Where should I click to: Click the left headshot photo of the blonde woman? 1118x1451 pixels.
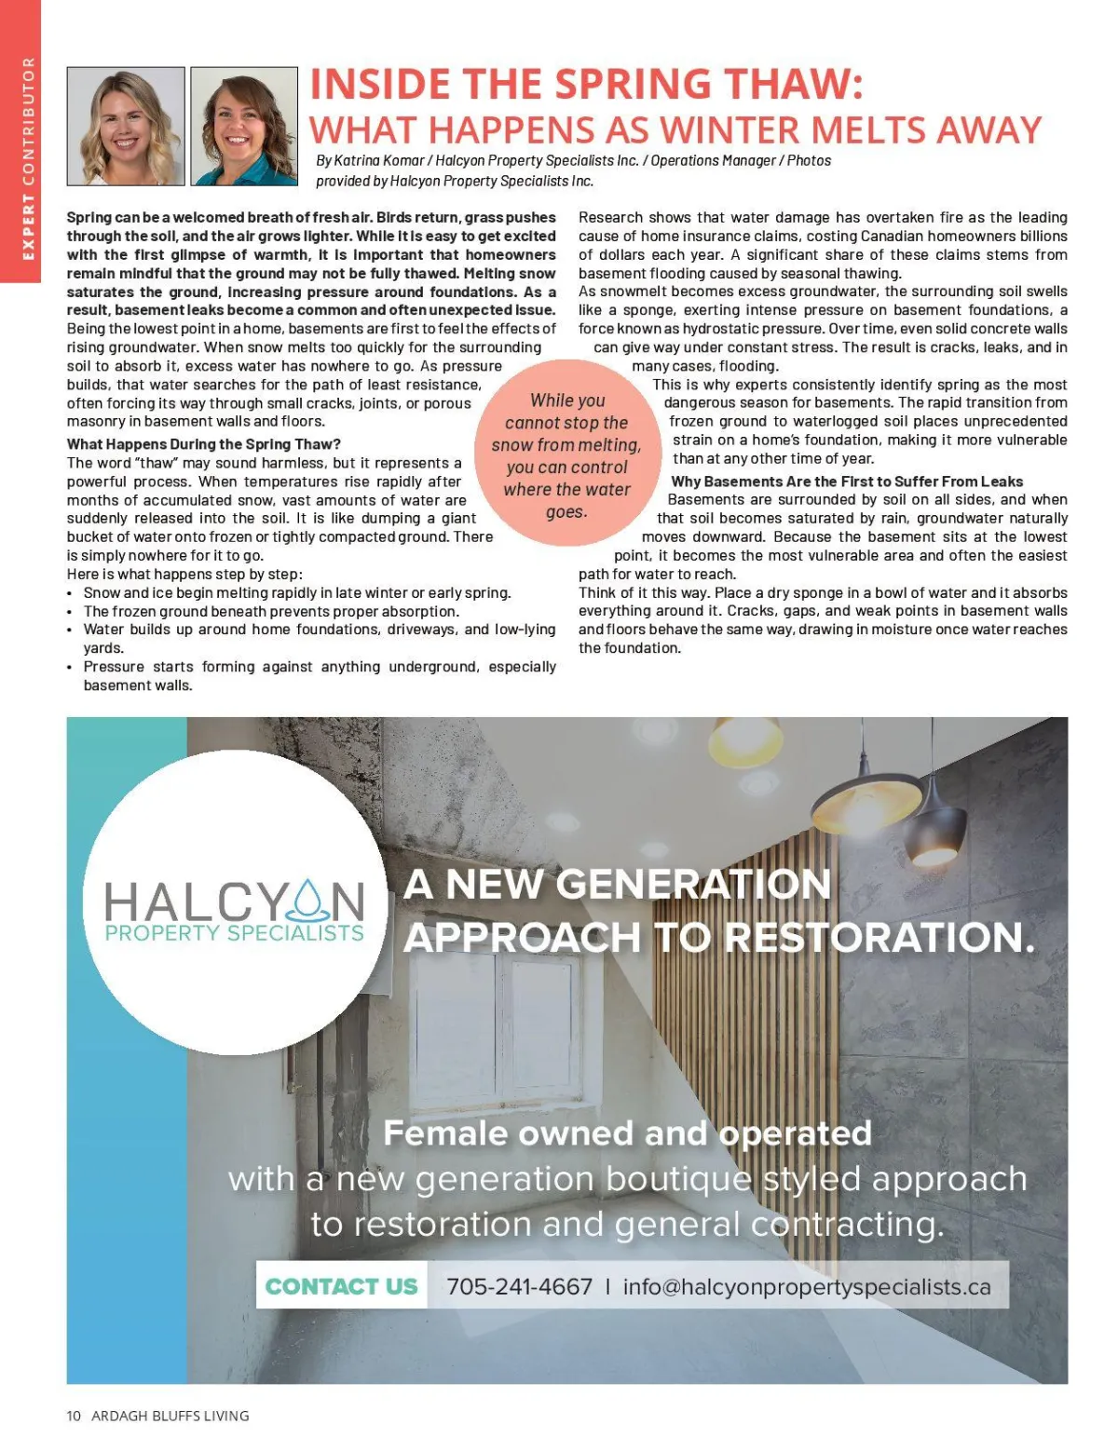[x=126, y=126]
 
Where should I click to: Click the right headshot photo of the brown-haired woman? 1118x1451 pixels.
[x=244, y=126]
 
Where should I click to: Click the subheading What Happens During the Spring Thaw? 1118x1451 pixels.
[x=204, y=444]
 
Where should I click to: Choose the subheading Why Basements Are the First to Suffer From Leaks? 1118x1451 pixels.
[x=847, y=481]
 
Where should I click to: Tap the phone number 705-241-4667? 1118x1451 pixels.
[x=519, y=1286]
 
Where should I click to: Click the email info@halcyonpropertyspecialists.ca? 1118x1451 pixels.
[x=807, y=1286]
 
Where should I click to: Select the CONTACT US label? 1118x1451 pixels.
[x=341, y=1286]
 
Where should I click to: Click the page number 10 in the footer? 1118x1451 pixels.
[x=74, y=1416]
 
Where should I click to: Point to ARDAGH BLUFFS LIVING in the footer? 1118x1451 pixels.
[x=170, y=1416]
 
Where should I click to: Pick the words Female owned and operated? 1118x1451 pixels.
[x=627, y=1133]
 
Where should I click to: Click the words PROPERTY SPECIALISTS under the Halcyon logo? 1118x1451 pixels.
[x=234, y=932]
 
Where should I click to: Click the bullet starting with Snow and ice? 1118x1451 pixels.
[x=297, y=593]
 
